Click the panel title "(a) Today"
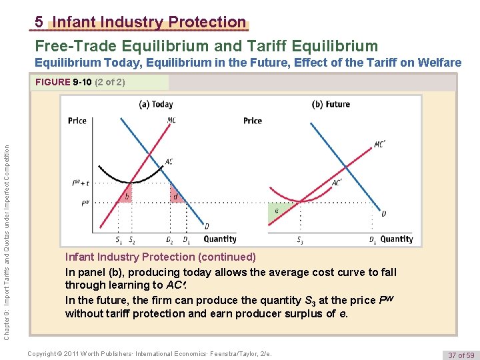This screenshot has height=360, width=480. [155, 104]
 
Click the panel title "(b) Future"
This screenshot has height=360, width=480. [331, 104]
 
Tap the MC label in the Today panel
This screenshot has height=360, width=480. [172, 121]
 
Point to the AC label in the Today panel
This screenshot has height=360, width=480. [169, 161]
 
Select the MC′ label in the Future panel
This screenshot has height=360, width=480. [380, 144]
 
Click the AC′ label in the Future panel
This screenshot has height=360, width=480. [337, 182]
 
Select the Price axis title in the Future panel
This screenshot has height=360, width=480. [253, 121]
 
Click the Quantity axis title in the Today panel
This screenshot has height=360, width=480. [220, 239]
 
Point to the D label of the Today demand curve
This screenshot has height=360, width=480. [206, 226]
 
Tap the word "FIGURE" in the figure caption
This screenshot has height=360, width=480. [53, 83]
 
